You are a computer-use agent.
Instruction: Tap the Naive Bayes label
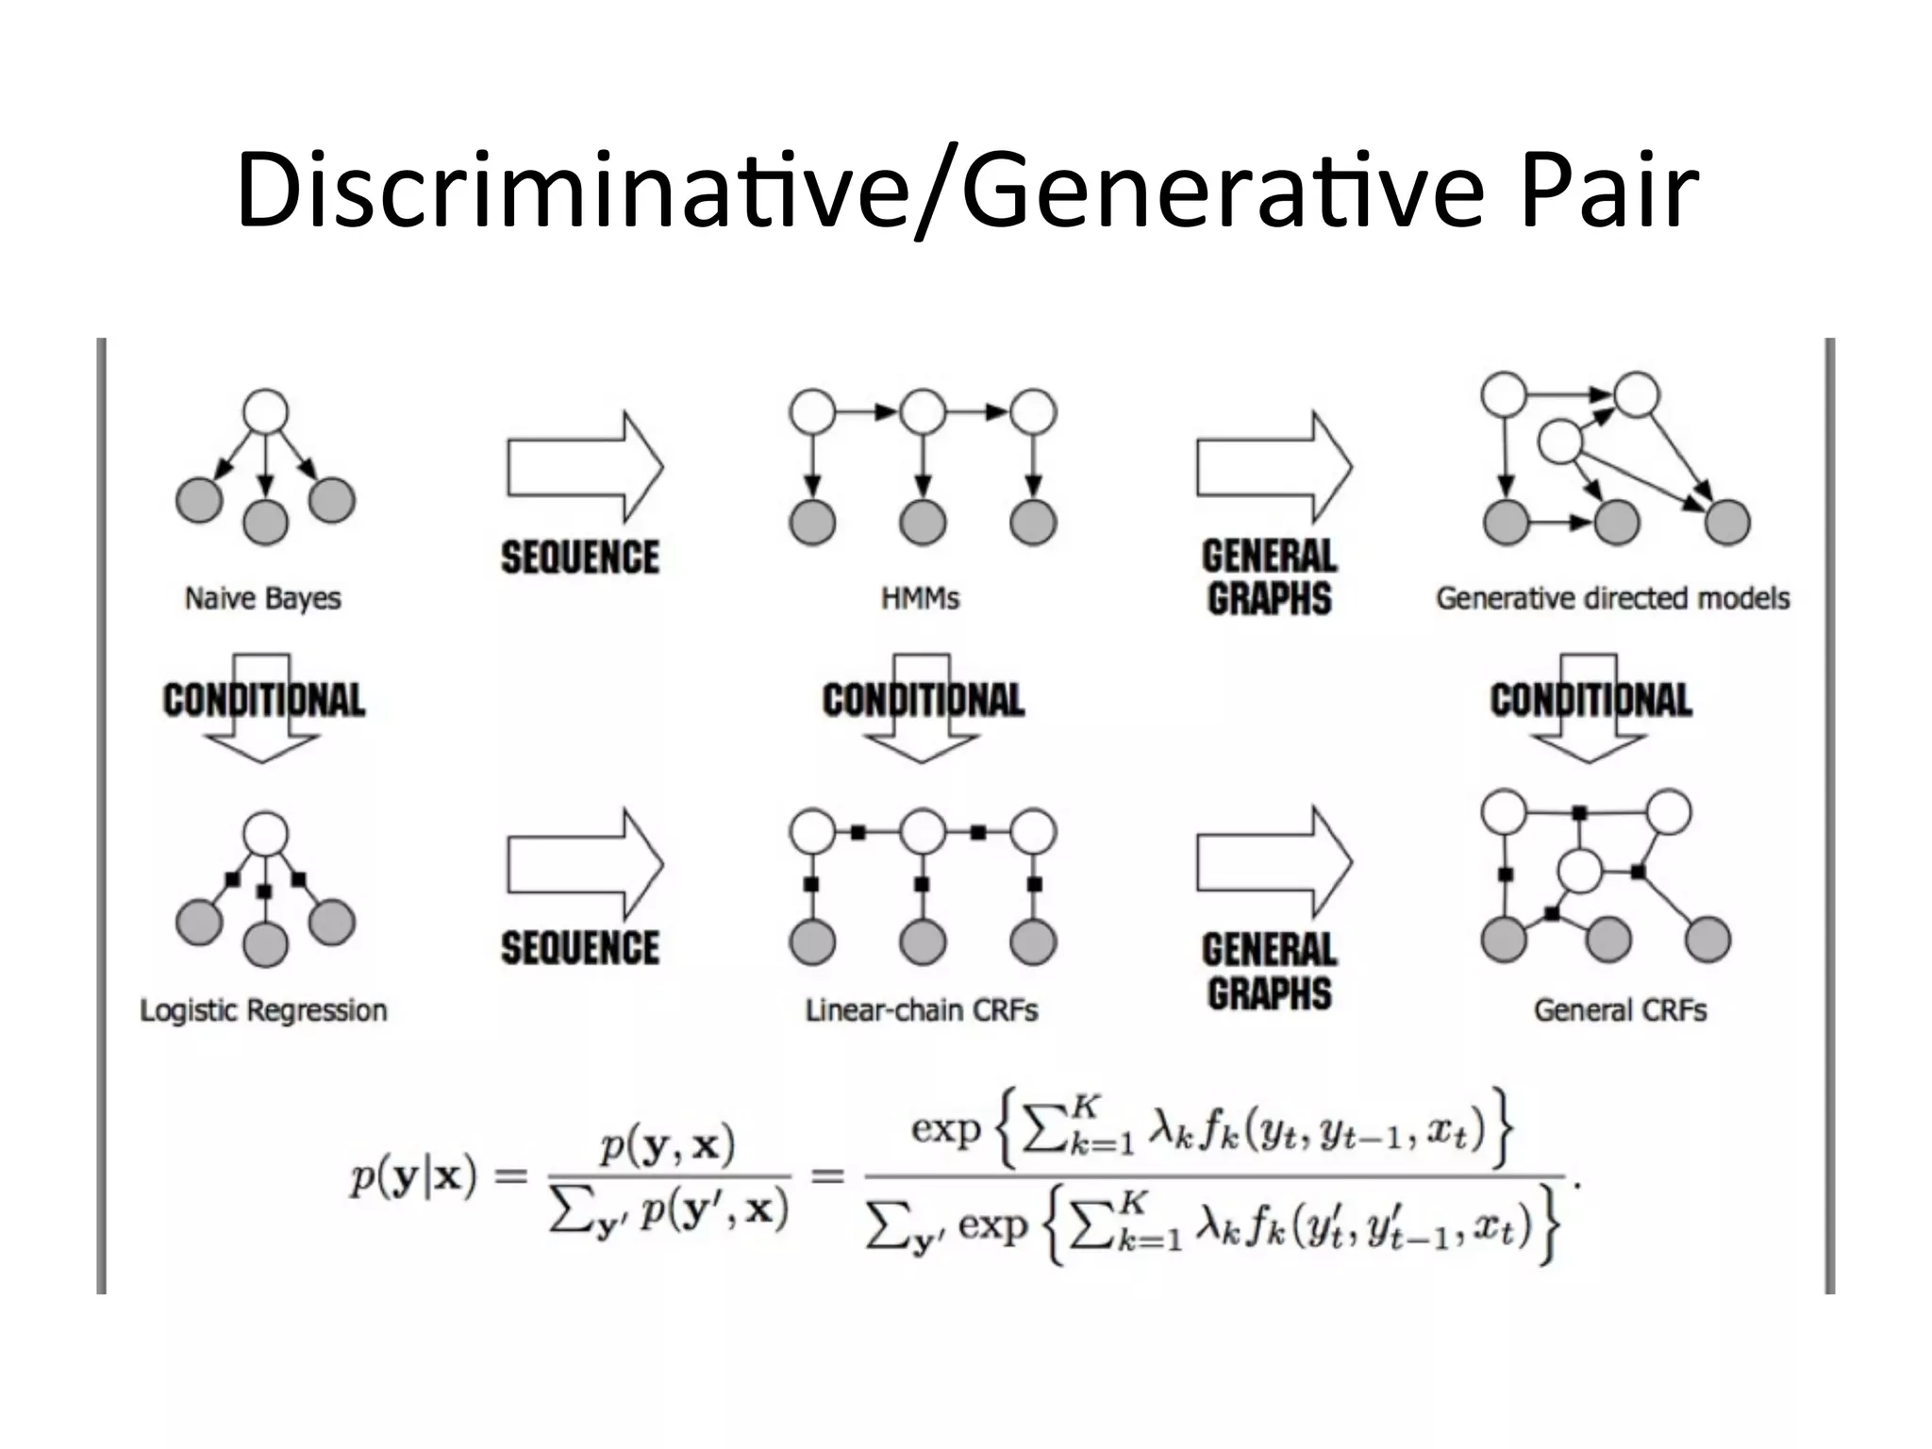point(262,598)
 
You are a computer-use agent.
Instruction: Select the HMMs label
point(920,598)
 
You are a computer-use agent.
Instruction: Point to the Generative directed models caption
point(1612,598)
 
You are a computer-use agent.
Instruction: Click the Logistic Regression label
point(263,1010)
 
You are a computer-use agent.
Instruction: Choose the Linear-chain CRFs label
point(922,1010)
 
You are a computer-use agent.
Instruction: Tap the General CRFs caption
point(1620,1010)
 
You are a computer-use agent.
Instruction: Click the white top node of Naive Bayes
point(265,412)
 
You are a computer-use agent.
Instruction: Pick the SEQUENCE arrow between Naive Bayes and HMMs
point(585,467)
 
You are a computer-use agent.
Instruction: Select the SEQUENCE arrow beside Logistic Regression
point(585,863)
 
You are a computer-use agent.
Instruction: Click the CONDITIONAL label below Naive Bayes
point(264,700)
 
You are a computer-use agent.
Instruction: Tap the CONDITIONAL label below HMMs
point(923,700)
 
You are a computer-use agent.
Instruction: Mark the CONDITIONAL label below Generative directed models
point(1591,700)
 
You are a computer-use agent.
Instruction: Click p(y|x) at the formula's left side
point(412,1178)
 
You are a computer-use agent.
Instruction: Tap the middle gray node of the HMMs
point(923,522)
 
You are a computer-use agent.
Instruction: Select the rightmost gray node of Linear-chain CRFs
point(1033,941)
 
